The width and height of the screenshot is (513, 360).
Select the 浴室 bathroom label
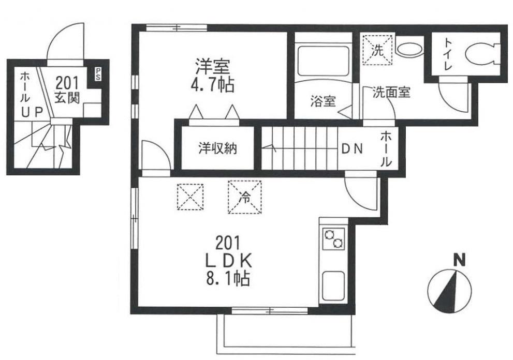(323, 101)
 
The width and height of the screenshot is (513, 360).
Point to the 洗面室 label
(391, 93)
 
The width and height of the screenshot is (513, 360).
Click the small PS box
(98, 73)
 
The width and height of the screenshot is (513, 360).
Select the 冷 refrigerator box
(244, 196)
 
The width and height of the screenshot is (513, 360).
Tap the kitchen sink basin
(334, 286)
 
